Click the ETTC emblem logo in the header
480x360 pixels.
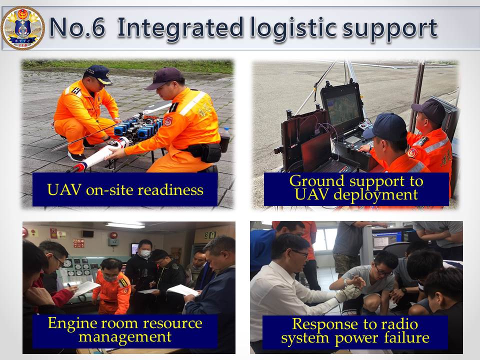pyautogui.click(x=23, y=28)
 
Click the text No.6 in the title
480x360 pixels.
pyautogui.click(x=77, y=27)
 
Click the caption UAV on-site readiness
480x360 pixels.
pyautogui.click(x=125, y=190)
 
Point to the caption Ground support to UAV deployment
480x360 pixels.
pyautogui.click(x=356, y=187)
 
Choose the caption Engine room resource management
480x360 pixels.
pyautogui.click(x=125, y=330)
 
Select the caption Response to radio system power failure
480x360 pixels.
pyautogui.click(x=355, y=331)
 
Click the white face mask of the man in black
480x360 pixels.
pyautogui.click(x=145, y=253)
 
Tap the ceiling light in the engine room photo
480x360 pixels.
pyautogui.click(x=125, y=225)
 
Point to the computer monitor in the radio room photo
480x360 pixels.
pyautogui.click(x=387, y=237)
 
